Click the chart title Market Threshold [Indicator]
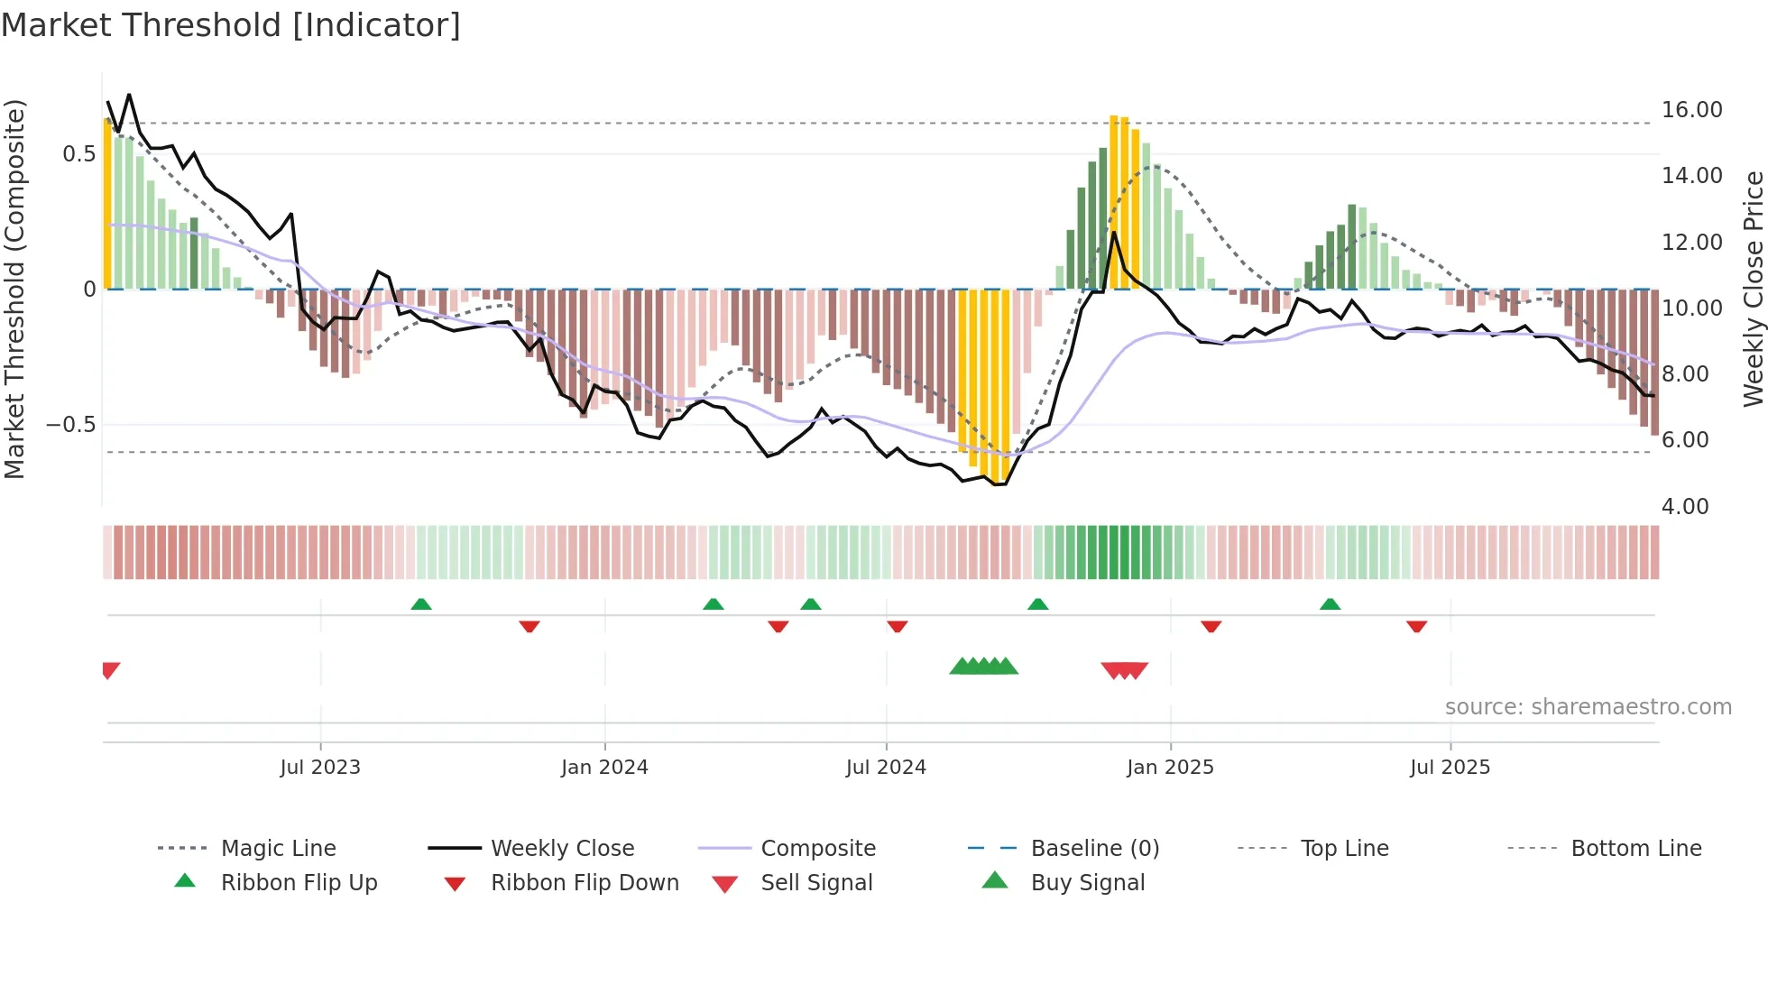coord(231,25)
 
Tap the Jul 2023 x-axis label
coord(320,768)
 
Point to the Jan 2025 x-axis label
coord(1170,768)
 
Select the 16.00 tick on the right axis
coord(1691,110)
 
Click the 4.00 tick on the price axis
coord(1685,507)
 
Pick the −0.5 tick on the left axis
coord(71,425)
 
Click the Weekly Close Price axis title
coord(1753,289)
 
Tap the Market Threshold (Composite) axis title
coord(14,289)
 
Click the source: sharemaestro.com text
coord(1588,707)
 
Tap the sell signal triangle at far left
coord(110,670)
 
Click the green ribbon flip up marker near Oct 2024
coord(1037,604)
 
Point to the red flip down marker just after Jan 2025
coord(1211,626)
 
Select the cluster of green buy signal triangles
coord(983,667)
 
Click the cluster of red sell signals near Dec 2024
coord(1125,670)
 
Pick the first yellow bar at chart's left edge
coord(107,204)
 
